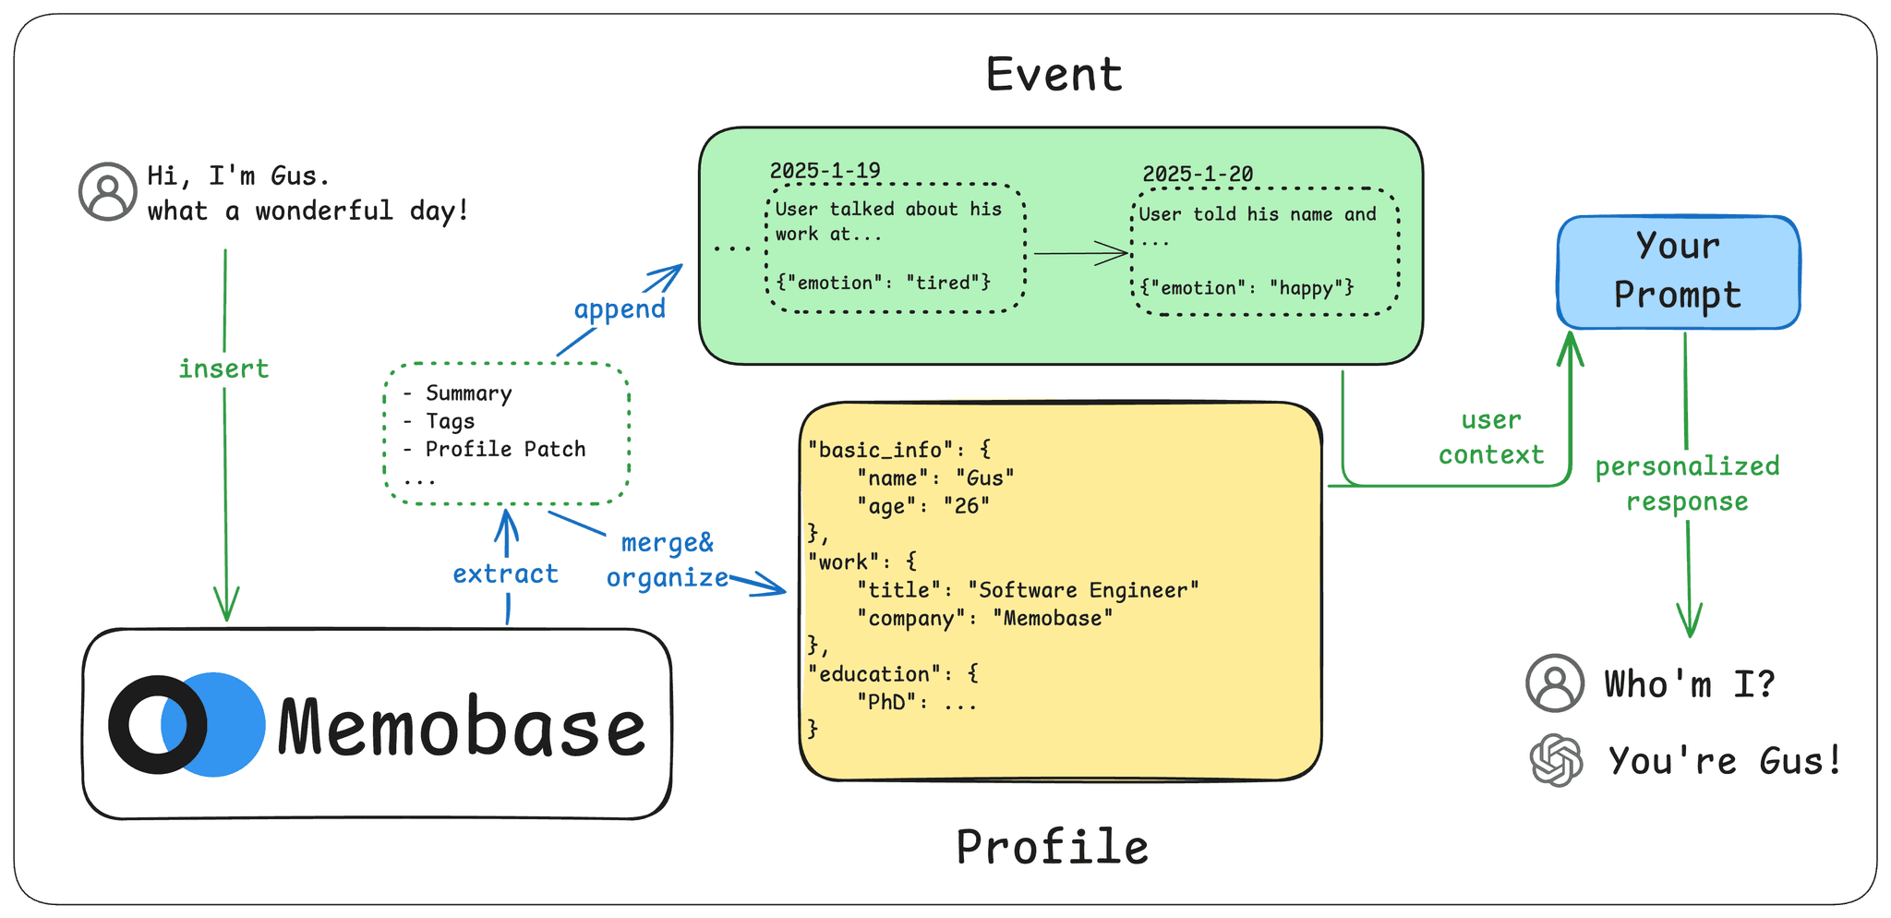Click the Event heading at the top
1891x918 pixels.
pos(1054,74)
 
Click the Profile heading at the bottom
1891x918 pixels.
pos(1052,846)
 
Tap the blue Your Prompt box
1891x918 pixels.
pos(1678,272)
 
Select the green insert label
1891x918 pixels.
pos(223,368)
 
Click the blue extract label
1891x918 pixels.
pos(505,574)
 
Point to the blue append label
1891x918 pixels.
pos(620,308)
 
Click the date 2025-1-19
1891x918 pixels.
pos(825,170)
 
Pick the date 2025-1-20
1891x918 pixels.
pos(1198,174)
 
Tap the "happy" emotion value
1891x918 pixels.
pos(1306,288)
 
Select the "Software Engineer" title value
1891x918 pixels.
pos(1082,590)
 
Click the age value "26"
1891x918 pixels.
pos(966,506)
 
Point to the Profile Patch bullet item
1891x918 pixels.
pos(505,449)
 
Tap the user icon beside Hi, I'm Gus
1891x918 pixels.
pos(108,192)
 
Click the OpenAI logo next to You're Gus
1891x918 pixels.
pos(1556,761)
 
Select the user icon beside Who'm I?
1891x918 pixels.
pos(1555,683)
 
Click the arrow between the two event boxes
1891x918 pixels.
pos(1080,253)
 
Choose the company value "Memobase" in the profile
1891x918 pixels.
pos(1053,618)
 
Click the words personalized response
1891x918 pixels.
pos(1687,483)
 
